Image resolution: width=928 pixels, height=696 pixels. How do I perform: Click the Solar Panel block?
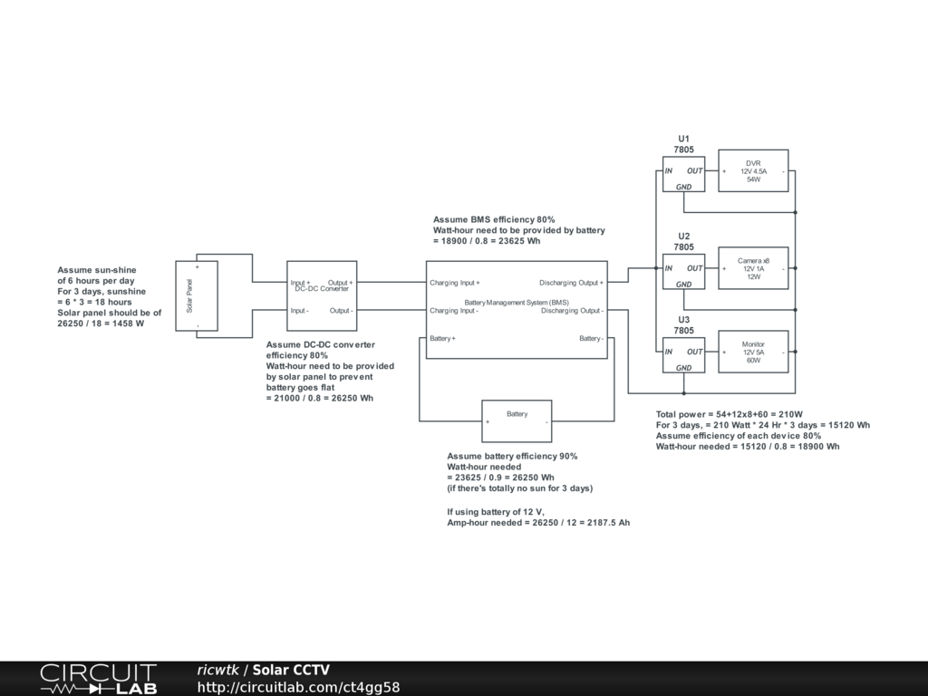(x=197, y=295)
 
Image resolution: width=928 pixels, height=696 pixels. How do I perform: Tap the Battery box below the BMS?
(x=517, y=420)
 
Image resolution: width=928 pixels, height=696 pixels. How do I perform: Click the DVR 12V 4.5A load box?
(x=753, y=170)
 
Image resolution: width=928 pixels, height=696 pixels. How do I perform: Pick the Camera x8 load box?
(x=753, y=268)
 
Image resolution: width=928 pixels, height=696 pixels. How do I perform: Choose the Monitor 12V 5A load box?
(x=753, y=352)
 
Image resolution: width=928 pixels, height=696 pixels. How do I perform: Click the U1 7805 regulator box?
(x=683, y=174)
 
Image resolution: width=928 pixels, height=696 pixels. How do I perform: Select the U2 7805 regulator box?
(x=683, y=272)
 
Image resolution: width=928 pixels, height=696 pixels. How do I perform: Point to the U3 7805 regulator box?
(x=683, y=355)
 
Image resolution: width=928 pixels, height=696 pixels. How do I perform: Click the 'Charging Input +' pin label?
(x=455, y=283)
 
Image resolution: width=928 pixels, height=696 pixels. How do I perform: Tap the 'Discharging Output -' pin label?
(x=572, y=311)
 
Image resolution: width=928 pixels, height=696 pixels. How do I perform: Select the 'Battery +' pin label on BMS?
(x=443, y=339)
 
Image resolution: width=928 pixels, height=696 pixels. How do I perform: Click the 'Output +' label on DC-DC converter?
(x=340, y=283)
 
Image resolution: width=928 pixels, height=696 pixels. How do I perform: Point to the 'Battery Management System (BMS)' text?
(x=517, y=302)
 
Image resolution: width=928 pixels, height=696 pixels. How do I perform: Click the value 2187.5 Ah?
(x=603, y=524)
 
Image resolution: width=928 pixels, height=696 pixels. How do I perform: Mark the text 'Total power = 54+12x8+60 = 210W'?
(x=730, y=414)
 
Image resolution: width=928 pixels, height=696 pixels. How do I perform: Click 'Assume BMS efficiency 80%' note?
(x=494, y=220)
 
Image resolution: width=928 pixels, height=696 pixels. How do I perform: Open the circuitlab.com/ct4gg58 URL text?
(x=298, y=688)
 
